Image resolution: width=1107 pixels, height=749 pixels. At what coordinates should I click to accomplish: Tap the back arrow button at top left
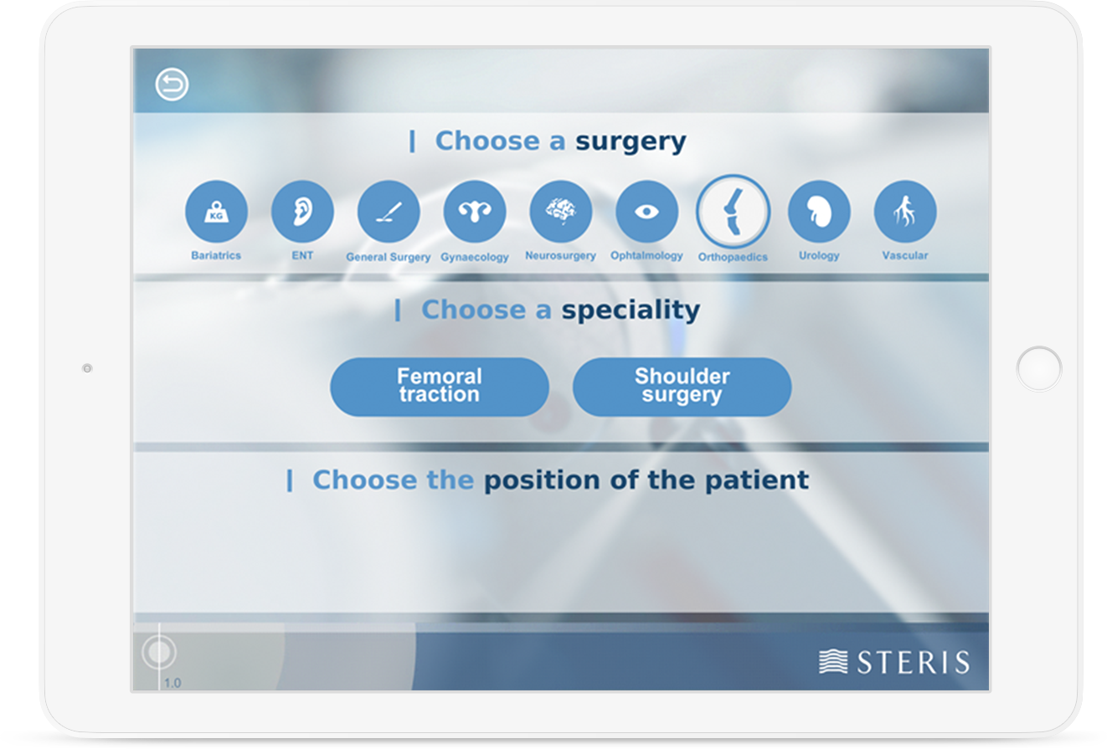[x=172, y=85]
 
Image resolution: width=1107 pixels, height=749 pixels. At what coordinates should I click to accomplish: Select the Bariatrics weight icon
[x=216, y=212]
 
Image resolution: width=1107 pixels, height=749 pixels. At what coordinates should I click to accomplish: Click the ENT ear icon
[x=302, y=212]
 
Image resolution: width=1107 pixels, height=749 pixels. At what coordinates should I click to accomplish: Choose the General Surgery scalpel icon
[x=389, y=212]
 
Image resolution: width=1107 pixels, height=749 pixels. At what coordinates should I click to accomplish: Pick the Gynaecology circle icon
[x=475, y=212]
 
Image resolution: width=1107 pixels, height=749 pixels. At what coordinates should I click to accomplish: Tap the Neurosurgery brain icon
[x=560, y=212]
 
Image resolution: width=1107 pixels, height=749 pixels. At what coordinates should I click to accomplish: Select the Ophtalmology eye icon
[x=646, y=212]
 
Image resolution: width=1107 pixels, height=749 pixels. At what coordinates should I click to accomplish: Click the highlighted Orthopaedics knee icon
[x=733, y=212]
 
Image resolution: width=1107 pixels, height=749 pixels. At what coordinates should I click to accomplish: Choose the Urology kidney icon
[x=819, y=212]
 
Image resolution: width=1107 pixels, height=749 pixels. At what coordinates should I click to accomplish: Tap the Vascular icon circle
[x=905, y=212]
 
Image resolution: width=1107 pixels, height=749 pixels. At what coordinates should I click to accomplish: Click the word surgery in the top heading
[x=631, y=142]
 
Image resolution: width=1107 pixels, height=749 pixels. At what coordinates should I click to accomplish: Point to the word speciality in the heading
[x=631, y=311]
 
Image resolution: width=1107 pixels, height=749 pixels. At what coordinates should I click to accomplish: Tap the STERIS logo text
[x=914, y=662]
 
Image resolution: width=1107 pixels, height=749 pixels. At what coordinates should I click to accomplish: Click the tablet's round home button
[x=1039, y=368]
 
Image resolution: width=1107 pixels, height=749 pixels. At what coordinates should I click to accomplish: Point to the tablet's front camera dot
[x=87, y=368]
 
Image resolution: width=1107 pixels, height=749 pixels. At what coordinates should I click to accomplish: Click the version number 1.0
[x=172, y=683]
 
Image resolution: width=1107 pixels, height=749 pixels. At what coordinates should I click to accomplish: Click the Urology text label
[x=819, y=255]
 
